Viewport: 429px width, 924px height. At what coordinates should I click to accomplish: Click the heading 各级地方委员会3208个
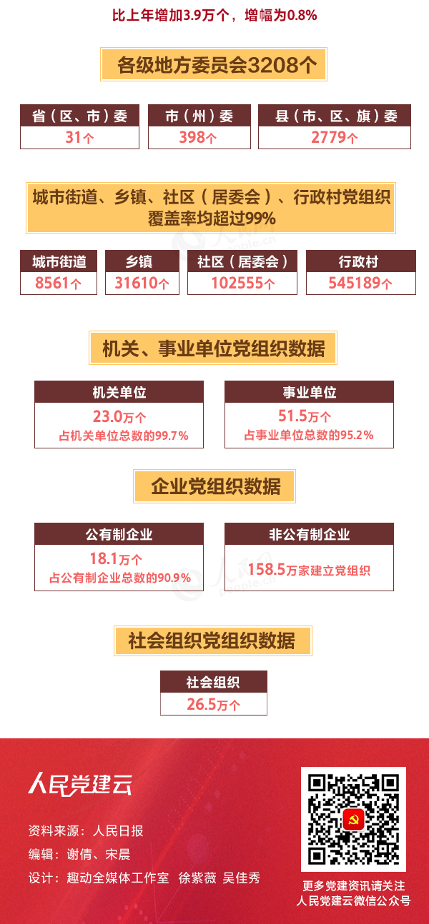pyautogui.click(x=214, y=66)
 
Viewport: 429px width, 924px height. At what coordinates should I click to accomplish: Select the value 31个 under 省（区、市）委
pyautogui.click(x=79, y=138)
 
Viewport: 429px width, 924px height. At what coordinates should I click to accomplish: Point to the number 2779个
pyautogui.click(x=334, y=138)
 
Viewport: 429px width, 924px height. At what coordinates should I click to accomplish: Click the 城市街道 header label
pyautogui.click(x=59, y=261)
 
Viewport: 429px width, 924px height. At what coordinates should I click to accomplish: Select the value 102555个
pyautogui.click(x=242, y=283)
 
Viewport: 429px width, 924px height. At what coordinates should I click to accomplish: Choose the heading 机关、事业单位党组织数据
pyautogui.click(x=213, y=348)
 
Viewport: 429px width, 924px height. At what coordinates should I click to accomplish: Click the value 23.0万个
pyautogui.click(x=119, y=417)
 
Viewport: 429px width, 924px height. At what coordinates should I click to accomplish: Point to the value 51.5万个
pyautogui.click(x=308, y=417)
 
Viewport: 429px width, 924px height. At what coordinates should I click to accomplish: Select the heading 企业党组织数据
pyautogui.click(x=214, y=487)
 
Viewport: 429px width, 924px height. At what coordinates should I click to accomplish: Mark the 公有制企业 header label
pyautogui.click(x=119, y=534)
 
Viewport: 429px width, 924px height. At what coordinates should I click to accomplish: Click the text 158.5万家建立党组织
pyautogui.click(x=308, y=570)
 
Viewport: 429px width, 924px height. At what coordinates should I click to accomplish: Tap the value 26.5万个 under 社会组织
pyautogui.click(x=213, y=705)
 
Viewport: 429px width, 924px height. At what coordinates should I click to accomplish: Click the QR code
pyautogui.click(x=353, y=820)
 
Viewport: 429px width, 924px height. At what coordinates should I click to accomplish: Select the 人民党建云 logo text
pyautogui.click(x=80, y=784)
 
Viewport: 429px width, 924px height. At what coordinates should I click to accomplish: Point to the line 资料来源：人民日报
pyautogui.click(x=86, y=830)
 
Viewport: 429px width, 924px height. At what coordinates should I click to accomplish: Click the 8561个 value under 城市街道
pyautogui.click(x=59, y=283)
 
